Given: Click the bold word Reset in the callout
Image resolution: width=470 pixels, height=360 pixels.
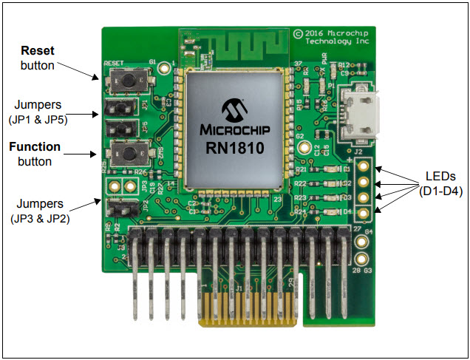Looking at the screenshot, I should pos(36,52).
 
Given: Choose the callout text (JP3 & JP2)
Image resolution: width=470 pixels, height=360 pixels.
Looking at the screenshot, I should pos(41,217).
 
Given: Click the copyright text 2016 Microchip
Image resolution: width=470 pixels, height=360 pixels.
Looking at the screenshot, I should pos(333,34).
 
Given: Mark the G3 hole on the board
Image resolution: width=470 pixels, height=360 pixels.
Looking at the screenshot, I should pos(362,261).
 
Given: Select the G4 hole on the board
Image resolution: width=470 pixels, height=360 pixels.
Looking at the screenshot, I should pos(362,240).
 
